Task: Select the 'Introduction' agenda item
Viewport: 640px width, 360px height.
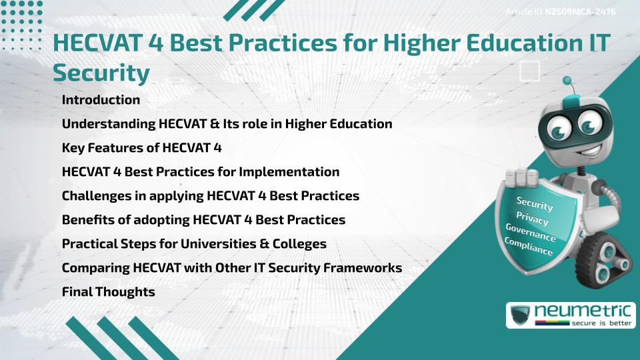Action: (101, 100)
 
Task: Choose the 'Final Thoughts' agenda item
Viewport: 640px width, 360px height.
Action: (108, 292)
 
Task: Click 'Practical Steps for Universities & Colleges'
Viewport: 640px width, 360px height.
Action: (194, 244)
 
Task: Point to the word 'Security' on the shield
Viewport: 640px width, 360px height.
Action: (534, 204)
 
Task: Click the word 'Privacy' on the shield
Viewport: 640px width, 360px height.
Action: (532, 219)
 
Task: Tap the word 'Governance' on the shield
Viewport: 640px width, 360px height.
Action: (530, 233)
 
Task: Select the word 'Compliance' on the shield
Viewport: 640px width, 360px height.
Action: (528, 247)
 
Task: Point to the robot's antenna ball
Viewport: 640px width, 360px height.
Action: (567, 81)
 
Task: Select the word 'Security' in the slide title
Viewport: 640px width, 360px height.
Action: (101, 73)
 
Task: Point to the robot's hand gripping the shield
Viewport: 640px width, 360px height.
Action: (523, 177)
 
